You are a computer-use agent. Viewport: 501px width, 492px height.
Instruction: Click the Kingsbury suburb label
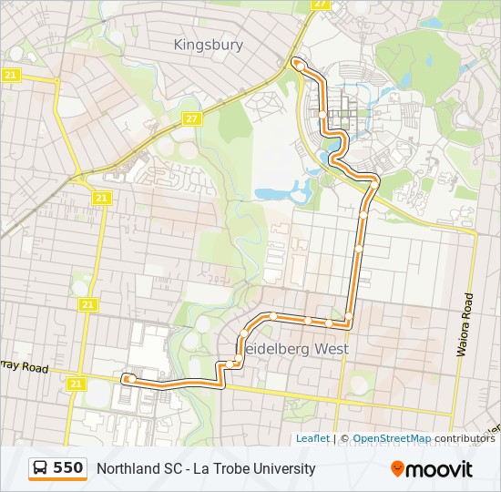[208, 44]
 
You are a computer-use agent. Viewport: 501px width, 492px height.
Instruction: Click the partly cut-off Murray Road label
[22, 367]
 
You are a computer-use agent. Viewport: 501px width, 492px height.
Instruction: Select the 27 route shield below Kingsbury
[191, 119]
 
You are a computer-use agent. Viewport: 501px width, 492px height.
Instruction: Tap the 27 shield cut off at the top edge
[320, 4]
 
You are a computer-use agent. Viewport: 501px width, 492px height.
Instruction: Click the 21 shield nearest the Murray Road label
[76, 384]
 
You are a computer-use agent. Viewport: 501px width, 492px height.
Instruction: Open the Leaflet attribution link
[312, 438]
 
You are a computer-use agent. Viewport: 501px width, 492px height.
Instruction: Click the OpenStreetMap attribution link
[392, 438]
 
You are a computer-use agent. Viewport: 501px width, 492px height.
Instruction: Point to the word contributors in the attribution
[465, 438]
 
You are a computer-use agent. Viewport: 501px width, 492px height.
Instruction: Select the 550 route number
[68, 468]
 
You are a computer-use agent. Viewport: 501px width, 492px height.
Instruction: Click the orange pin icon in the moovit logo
[397, 469]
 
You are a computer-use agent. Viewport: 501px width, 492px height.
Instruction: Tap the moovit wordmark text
[440, 470]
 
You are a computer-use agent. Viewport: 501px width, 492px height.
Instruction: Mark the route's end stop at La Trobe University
[297, 63]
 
